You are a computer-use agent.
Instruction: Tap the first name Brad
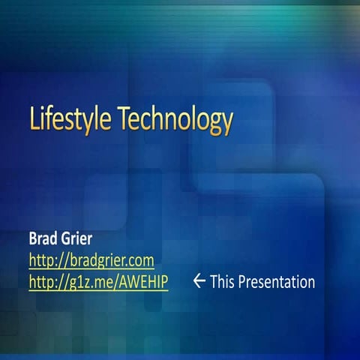pyautogui.click(x=43, y=240)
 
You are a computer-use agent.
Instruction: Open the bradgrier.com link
pyautogui.click(x=91, y=261)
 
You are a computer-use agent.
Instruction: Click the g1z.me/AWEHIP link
pyautogui.click(x=97, y=282)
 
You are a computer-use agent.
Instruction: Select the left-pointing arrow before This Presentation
pyautogui.click(x=199, y=281)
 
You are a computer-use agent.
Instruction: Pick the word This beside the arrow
pyautogui.click(x=223, y=282)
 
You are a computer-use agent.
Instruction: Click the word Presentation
pyautogui.click(x=277, y=282)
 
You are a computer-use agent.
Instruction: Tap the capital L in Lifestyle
pyautogui.click(x=34, y=119)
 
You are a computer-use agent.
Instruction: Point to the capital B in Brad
pyautogui.click(x=33, y=240)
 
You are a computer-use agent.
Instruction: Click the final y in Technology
pyautogui.click(x=226, y=123)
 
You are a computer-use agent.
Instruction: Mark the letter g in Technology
pyautogui.click(x=212, y=123)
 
